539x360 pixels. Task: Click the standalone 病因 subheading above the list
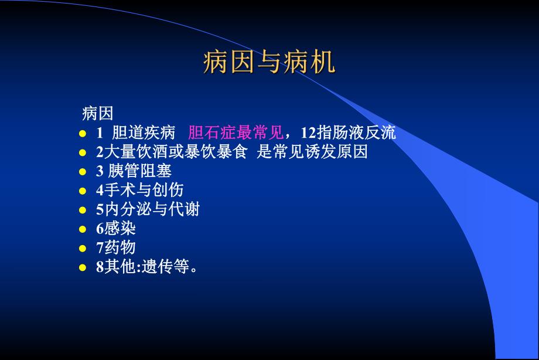point(97,113)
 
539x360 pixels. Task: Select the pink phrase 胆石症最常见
point(236,133)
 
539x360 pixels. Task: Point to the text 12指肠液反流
point(348,133)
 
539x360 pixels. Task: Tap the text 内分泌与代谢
point(152,209)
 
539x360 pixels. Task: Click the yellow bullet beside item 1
point(83,134)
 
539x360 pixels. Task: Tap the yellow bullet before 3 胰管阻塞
point(83,172)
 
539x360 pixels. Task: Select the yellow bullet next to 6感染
point(83,229)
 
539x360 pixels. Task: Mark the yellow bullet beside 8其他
point(83,268)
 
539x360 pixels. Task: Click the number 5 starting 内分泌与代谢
point(100,209)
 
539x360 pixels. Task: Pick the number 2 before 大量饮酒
point(100,152)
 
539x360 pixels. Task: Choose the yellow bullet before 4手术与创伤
point(83,191)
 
